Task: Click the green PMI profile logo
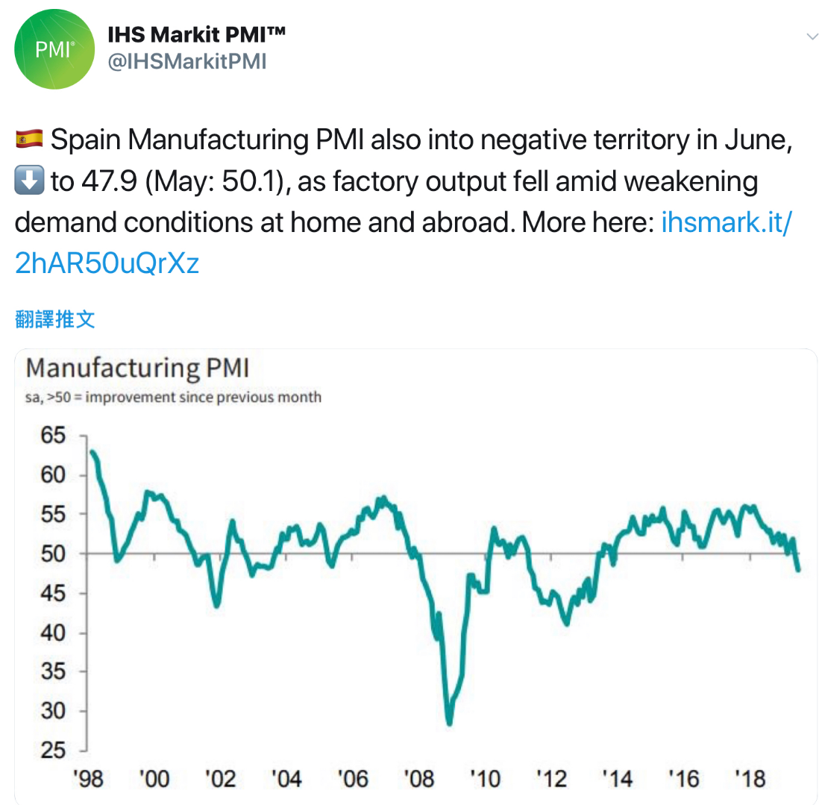point(54,50)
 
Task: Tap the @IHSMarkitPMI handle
point(187,62)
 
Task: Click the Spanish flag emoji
point(29,139)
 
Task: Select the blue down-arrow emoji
point(29,181)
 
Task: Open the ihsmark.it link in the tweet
point(725,223)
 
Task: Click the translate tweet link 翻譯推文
point(55,320)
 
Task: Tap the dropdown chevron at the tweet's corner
point(812,37)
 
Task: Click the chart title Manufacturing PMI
point(137,369)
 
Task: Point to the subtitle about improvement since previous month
point(173,397)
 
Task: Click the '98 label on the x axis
point(89,780)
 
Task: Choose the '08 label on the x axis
point(418,780)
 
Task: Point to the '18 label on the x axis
point(749,780)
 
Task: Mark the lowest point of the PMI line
point(449,723)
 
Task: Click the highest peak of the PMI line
point(91,451)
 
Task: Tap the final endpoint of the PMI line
point(799,570)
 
